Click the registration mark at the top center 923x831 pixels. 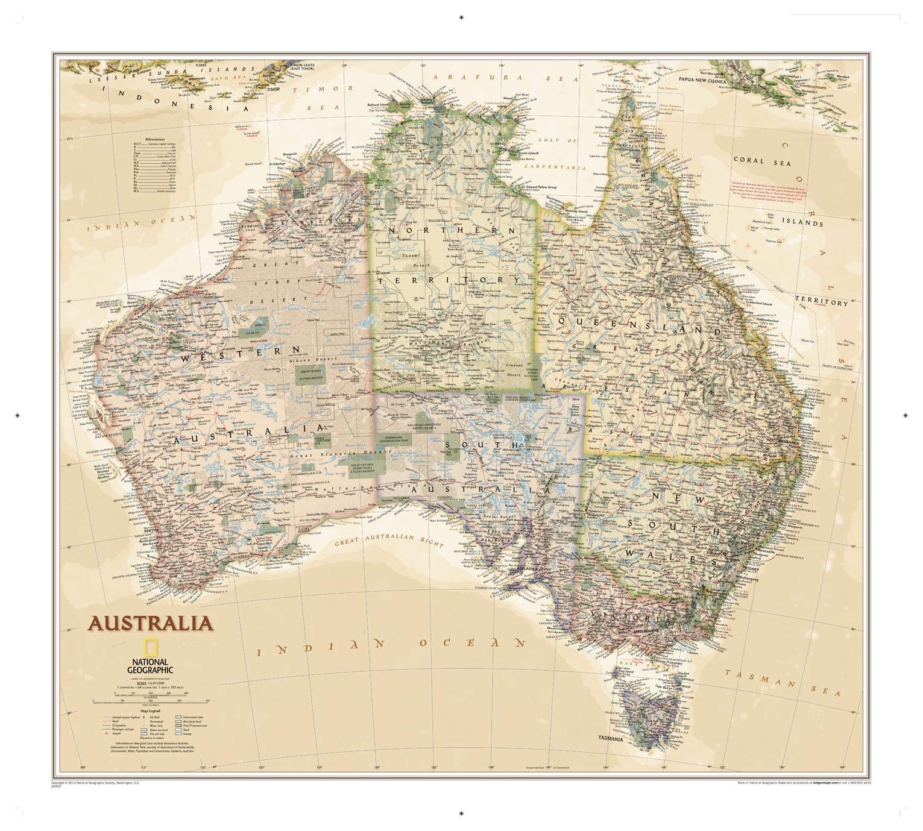[461, 17]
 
